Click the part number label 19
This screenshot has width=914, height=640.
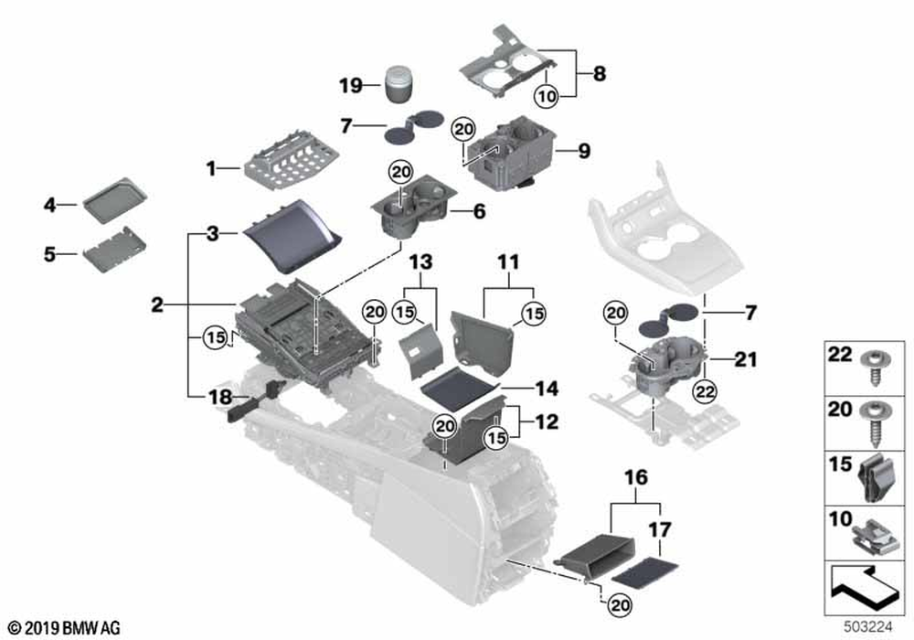[351, 87]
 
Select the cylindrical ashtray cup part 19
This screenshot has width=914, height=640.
[399, 85]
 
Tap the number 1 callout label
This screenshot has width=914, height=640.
[210, 168]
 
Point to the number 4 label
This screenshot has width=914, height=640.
[51, 207]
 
